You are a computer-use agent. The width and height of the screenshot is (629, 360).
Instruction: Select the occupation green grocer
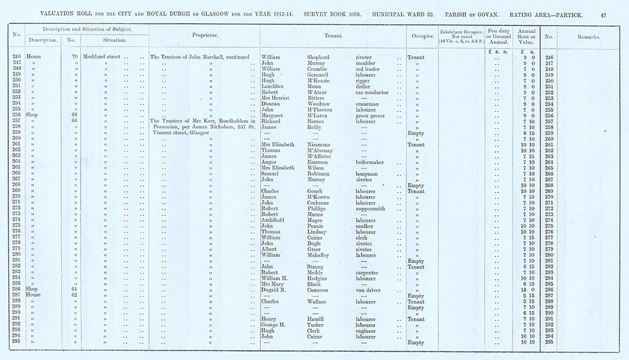coord(370,115)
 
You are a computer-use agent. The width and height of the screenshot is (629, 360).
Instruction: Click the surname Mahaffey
coord(320,255)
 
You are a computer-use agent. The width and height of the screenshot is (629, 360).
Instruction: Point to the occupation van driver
coord(367,290)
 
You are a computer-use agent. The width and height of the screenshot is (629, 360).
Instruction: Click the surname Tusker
coord(316,325)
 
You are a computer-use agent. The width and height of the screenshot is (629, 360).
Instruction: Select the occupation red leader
coord(369,69)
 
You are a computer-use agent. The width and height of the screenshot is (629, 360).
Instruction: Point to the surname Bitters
coord(316,98)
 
